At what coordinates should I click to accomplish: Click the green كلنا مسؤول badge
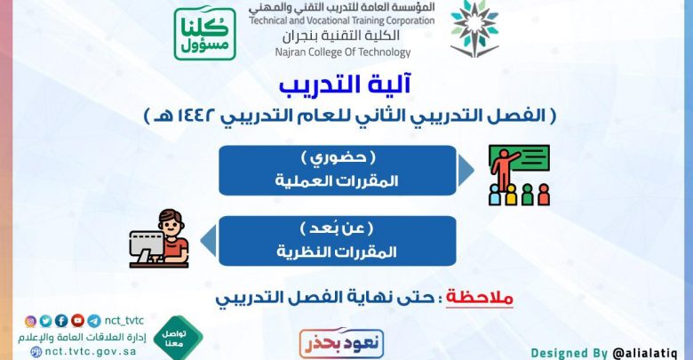coord(204,33)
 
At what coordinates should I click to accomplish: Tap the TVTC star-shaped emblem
coord(474,29)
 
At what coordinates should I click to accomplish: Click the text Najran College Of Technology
coord(343,52)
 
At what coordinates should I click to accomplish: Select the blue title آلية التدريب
coord(346,84)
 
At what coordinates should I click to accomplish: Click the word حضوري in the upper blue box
coord(339,158)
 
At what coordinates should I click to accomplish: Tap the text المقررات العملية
coord(337,180)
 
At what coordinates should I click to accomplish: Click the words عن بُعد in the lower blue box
coord(337,228)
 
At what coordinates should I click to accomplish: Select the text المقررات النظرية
coord(337,252)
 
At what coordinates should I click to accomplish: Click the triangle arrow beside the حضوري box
coord(466,171)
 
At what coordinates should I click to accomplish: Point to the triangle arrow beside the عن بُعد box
coord(209,241)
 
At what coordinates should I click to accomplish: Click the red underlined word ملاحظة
coord(480,297)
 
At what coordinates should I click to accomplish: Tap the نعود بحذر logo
coord(341,343)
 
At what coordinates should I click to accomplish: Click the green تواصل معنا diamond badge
coord(178,338)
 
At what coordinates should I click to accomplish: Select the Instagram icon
coord(30,321)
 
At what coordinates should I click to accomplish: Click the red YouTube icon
coord(78,320)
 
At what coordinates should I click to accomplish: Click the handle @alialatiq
coord(645,354)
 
